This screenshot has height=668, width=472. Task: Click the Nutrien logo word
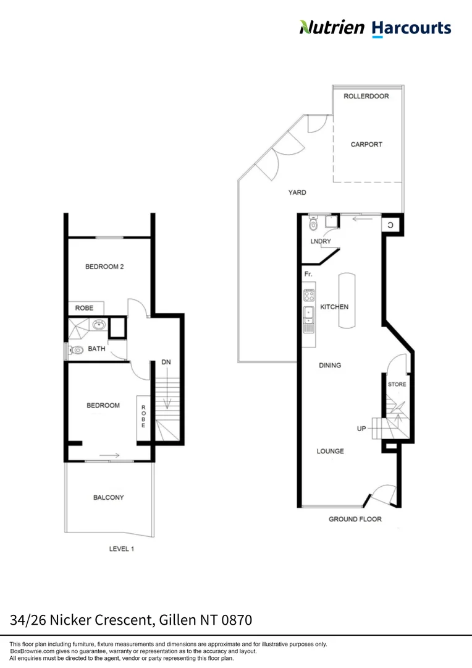click(x=332, y=27)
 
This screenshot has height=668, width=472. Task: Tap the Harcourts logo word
click(x=411, y=28)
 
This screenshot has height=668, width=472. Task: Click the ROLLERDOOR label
click(x=366, y=96)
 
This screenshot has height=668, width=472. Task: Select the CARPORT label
click(x=366, y=144)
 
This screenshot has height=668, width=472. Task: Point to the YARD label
click(x=297, y=192)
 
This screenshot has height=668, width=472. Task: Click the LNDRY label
click(x=321, y=241)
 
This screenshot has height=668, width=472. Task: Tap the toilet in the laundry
click(x=313, y=225)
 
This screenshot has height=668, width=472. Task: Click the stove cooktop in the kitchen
click(x=309, y=296)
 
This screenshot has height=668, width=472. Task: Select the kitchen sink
click(x=309, y=316)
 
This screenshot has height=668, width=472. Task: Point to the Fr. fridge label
click(x=308, y=273)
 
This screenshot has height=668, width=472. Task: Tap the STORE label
click(x=397, y=384)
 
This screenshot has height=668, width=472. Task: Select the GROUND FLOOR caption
click(x=355, y=519)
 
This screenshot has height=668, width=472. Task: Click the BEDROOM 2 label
click(x=104, y=267)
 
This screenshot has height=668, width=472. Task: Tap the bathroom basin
click(x=98, y=324)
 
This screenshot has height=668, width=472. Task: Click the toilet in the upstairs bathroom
click(x=77, y=350)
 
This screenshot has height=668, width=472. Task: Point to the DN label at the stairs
click(x=166, y=362)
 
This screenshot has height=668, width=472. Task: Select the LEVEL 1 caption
click(x=121, y=549)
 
